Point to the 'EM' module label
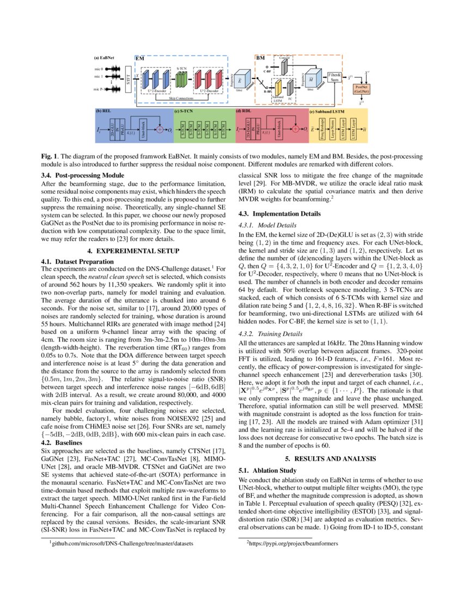coord(140,57)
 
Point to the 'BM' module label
coord(261,57)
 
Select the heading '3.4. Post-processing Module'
coord(83,175)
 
